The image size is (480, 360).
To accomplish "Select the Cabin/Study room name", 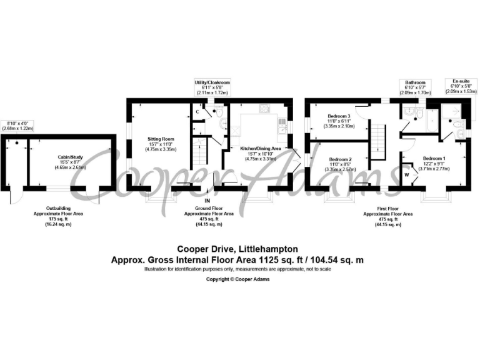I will click(x=69, y=156).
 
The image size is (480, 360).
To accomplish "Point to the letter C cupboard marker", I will click(x=197, y=111).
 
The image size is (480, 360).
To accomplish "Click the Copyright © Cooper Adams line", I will click(x=238, y=279).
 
